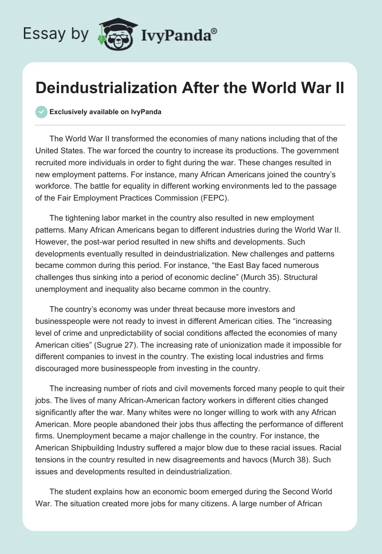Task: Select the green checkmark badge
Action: [x=41, y=112]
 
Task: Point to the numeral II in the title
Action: [x=338, y=90]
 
